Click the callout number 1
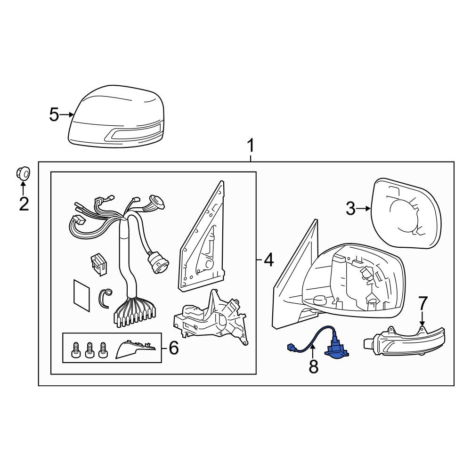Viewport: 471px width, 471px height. pos(250,146)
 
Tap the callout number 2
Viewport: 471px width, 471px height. pos(24,204)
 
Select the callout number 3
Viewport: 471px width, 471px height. pos(350,209)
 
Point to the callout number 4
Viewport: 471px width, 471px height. pos(268,260)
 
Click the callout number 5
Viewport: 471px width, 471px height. pos(54,115)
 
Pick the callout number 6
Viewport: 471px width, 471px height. pos(174,348)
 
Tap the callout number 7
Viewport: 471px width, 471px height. pos(422,303)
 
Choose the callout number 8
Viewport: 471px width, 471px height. pos(314,366)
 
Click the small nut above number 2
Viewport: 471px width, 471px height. pos(23,173)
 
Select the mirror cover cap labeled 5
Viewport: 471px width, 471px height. pos(116,116)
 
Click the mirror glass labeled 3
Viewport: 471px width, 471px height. pos(406,213)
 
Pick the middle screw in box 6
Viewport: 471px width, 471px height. pos(89,350)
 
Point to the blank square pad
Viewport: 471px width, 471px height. pos(81,296)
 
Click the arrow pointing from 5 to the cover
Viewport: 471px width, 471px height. pos(67,114)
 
